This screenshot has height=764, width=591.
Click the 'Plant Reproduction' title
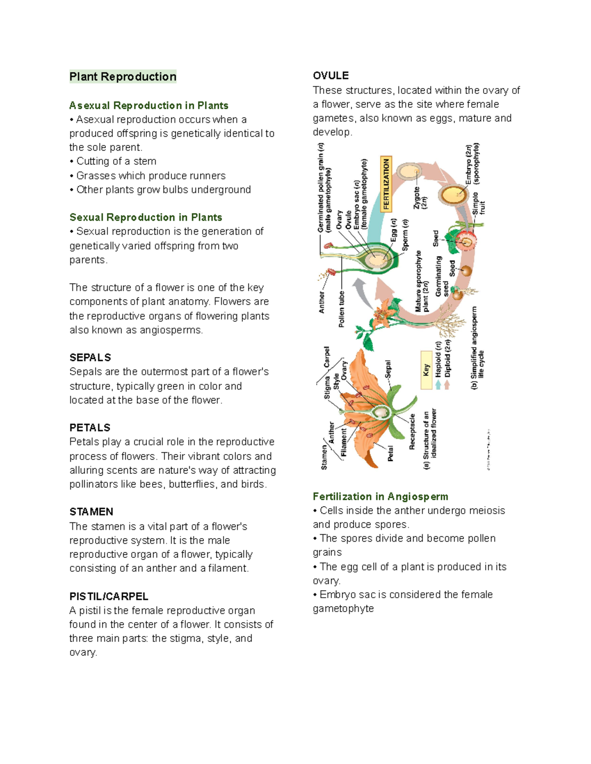(x=123, y=77)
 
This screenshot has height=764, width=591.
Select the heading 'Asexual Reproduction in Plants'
(x=149, y=105)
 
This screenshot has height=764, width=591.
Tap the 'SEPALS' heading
(x=90, y=358)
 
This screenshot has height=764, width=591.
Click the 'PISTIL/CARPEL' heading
(x=108, y=596)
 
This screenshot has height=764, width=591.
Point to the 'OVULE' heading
(x=330, y=75)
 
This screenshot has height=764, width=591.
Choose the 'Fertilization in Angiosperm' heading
(x=380, y=496)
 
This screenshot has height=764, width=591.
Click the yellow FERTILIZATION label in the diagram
(x=386, y=183)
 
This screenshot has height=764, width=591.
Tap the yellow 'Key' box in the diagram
(x=427, y=370)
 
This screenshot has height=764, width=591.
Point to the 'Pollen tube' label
(x=341, y=309)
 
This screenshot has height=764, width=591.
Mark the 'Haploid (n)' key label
(x=438, y=359)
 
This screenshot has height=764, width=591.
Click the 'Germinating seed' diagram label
(x=442, y=276)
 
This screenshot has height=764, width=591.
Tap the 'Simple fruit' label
(x=479, y=203)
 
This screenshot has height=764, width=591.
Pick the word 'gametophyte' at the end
(x=343, y=609)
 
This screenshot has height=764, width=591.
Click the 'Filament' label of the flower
(x=344, y=442)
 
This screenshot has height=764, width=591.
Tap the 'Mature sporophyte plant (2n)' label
(x=422, y=281)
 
